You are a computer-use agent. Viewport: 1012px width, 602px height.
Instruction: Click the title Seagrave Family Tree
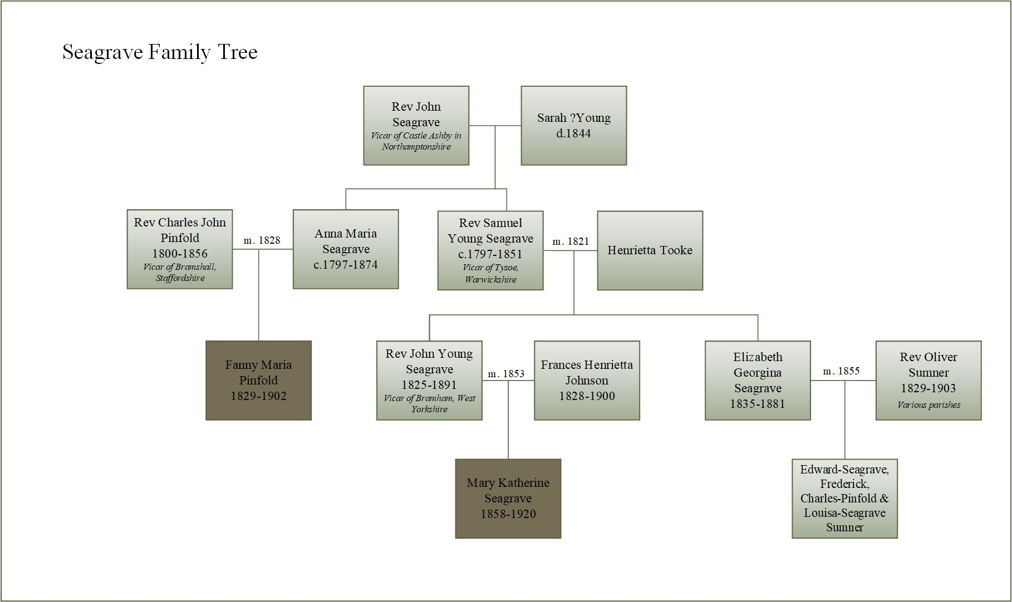(x=160, y=52)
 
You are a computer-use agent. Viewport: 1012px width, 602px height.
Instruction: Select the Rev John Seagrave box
(x=416, y=125)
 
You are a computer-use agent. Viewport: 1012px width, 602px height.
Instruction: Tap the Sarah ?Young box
(x=573, y=125)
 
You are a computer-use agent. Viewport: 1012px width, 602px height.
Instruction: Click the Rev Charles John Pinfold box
(x=179, y=249)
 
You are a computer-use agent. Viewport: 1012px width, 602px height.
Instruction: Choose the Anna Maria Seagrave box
(x=346, y=249)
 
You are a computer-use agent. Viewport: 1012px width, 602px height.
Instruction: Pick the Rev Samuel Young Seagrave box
(x=490, y=250)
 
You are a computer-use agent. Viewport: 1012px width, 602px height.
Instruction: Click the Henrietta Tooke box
(x=650, y=250)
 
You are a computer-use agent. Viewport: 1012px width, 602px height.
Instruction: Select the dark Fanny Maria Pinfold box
(x=258, y=380)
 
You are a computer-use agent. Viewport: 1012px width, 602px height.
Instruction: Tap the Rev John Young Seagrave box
(x=429, y=380)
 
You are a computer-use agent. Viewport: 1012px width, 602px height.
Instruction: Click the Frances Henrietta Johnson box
(x=587, y=380)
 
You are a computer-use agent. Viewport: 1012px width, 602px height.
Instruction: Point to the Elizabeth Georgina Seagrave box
(x=757, y=380)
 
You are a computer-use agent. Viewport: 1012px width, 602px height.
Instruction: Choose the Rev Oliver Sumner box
(x=928, y=380)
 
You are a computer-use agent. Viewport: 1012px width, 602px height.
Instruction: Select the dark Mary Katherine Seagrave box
(x=508, y=498)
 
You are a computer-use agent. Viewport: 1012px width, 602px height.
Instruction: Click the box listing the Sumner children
(x=844, y=498)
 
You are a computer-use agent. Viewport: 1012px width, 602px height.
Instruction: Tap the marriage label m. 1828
(x=262, y=240)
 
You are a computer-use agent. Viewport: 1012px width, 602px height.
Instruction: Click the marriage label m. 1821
(x=571, y=241)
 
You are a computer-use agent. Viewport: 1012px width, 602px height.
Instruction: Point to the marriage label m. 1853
(x=506, y=374)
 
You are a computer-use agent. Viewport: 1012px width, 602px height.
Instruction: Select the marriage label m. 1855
(x=841, y=371)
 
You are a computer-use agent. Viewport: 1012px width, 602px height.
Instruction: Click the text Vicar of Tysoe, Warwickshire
(x=490, y=273)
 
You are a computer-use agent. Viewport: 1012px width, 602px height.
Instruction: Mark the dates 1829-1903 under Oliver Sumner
(x=928, y=388)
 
